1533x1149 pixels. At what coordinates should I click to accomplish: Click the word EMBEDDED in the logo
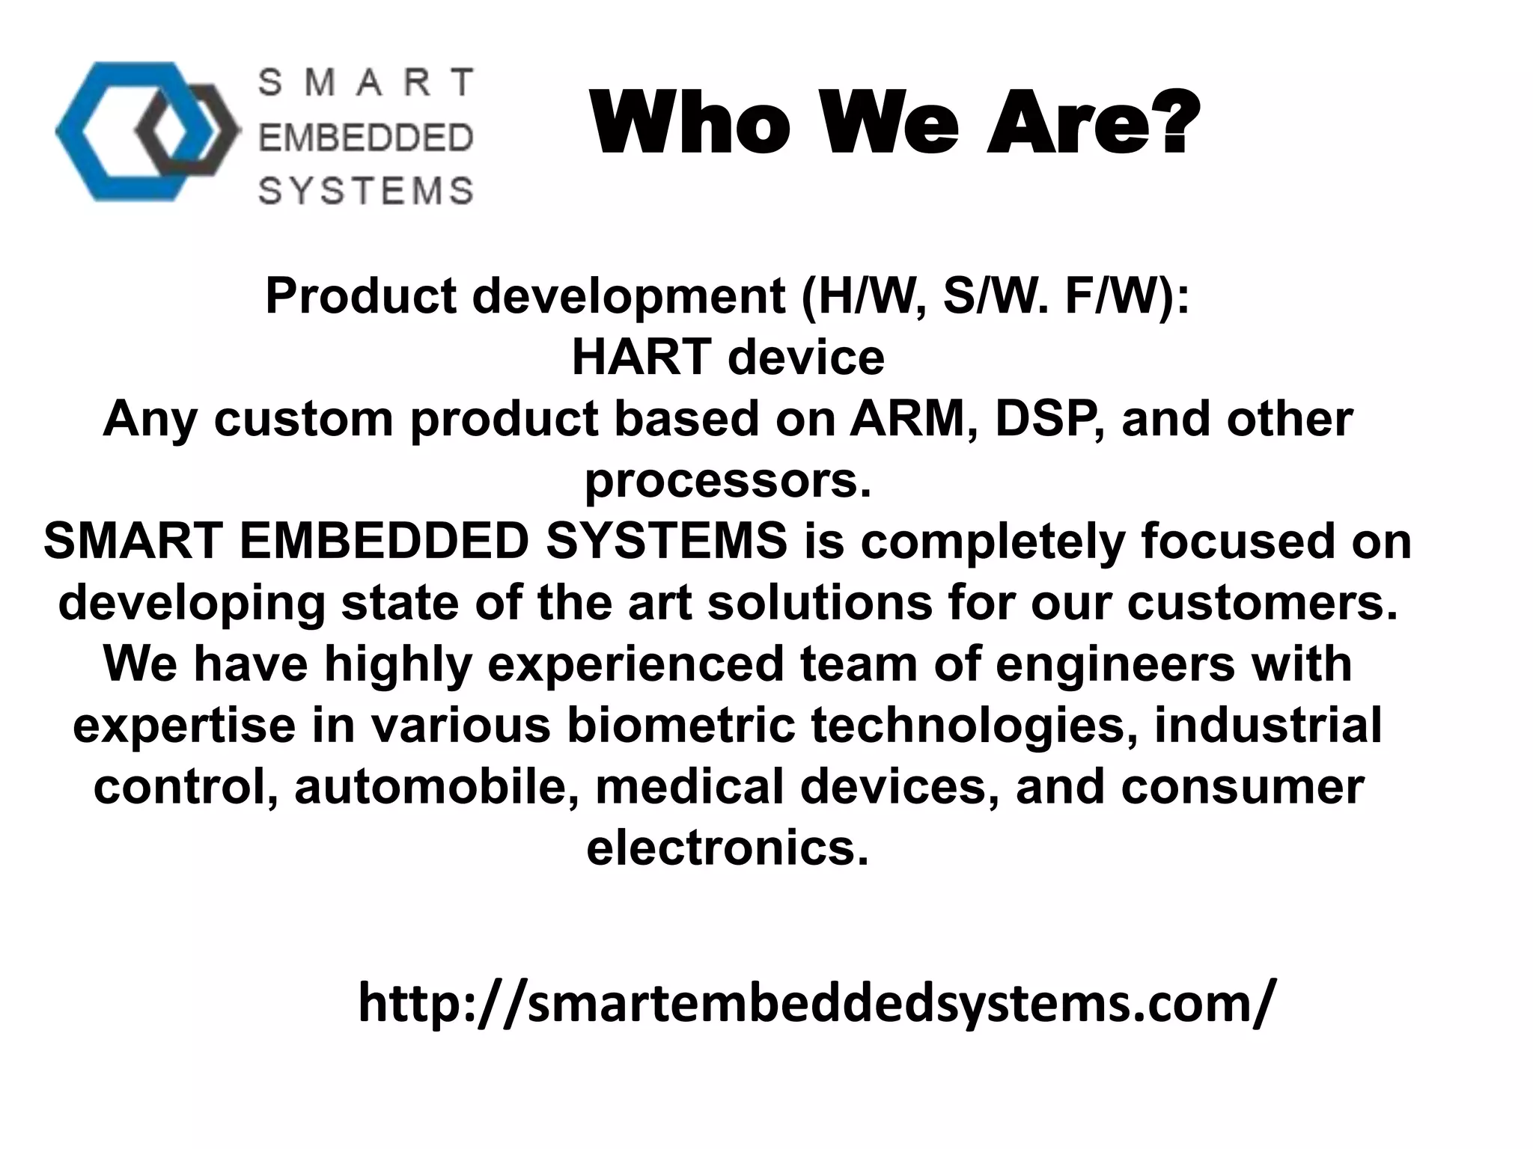click(x=365, y=138)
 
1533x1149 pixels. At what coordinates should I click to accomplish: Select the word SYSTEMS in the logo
click(x=365, y=191)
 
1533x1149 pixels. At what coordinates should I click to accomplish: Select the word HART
click(x=640, y=358)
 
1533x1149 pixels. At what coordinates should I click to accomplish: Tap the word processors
click(x=728, y=480)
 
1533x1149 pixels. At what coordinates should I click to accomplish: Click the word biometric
click(x=680, y=726)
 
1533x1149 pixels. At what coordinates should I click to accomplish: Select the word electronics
click(x=728, y=848)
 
